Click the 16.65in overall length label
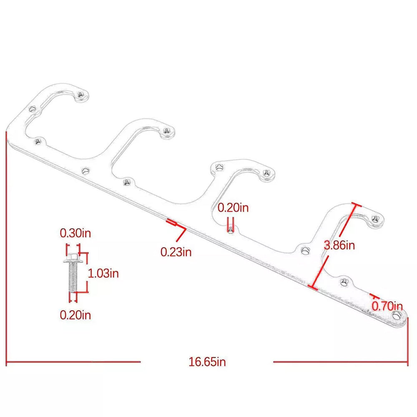pos(207,362)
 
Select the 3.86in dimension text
pos(339,245)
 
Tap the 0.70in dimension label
pos(387,306)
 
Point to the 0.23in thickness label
pos(176,252)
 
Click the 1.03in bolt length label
pos(103,273)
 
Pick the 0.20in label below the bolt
pos(75,314)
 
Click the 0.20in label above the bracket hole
pos(233,207)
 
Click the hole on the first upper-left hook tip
pos(81,96)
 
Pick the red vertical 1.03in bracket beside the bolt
pos(87,273)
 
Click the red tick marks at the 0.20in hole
pos(230,228)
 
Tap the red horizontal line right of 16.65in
pos(340,362)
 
